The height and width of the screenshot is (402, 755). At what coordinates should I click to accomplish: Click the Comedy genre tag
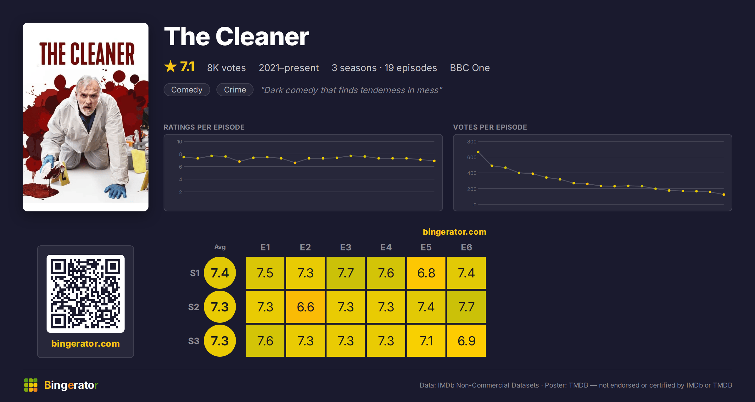(x=187, y=90)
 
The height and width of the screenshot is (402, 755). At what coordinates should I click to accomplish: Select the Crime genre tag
(x=235, y=90)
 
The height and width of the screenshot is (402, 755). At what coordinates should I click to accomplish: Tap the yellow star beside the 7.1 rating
(x=171, y=67)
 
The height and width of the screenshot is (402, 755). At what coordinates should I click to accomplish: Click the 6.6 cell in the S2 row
(x=305, y=307)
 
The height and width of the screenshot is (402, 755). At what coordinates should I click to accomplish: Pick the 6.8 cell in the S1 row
(x=426, y=273)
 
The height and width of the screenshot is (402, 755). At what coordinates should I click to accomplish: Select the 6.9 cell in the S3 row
(x=467, y=341)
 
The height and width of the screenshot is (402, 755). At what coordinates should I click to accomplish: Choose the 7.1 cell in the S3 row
(x=426, y=341)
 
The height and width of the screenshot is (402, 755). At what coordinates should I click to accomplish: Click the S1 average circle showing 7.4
(x=220, y=273)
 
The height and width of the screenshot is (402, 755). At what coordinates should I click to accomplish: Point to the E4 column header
(x=386, y=247)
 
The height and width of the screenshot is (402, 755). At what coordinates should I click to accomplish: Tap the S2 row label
(x=194, y=307)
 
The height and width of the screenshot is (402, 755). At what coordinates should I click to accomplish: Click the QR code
(x=86, y=294)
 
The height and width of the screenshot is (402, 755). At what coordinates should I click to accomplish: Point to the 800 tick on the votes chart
(x=472, y=142)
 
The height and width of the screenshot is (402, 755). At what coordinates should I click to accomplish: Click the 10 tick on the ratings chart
(x=179, y=142)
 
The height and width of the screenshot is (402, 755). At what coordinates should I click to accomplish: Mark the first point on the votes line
(x=478, y=152)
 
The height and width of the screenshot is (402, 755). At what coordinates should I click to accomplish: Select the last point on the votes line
(x=724, y=194)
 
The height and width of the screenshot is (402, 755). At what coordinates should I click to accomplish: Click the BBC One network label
(x=470, y=68)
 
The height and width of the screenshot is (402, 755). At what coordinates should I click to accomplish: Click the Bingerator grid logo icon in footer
(x=31, y=385)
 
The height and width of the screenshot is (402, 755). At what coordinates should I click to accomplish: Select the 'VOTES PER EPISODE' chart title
(x=490, y=127)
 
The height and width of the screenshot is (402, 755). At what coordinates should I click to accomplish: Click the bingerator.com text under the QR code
(x=86, y=343)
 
